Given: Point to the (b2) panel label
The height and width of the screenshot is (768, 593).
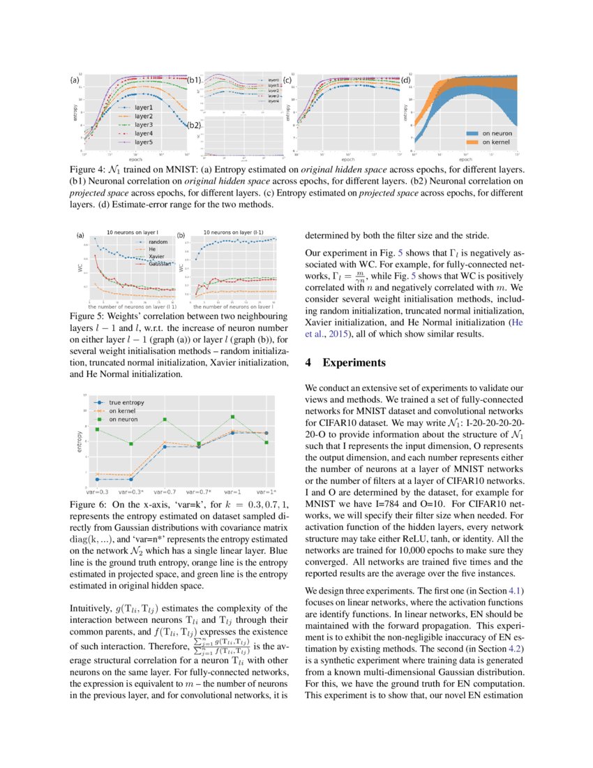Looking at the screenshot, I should click(195, 126).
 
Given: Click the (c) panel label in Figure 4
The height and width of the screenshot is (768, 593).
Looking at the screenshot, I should click(287, 80).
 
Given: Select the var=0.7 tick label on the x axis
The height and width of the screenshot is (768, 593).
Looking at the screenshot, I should click(165, 492).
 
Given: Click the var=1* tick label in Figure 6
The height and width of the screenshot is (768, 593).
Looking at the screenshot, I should click(266, 492).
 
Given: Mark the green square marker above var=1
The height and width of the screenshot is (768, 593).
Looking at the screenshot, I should click(232, 417).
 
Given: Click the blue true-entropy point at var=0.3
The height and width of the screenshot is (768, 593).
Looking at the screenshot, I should click(97, 479).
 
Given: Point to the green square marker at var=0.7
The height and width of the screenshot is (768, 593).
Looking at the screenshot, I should click(165, 420).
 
